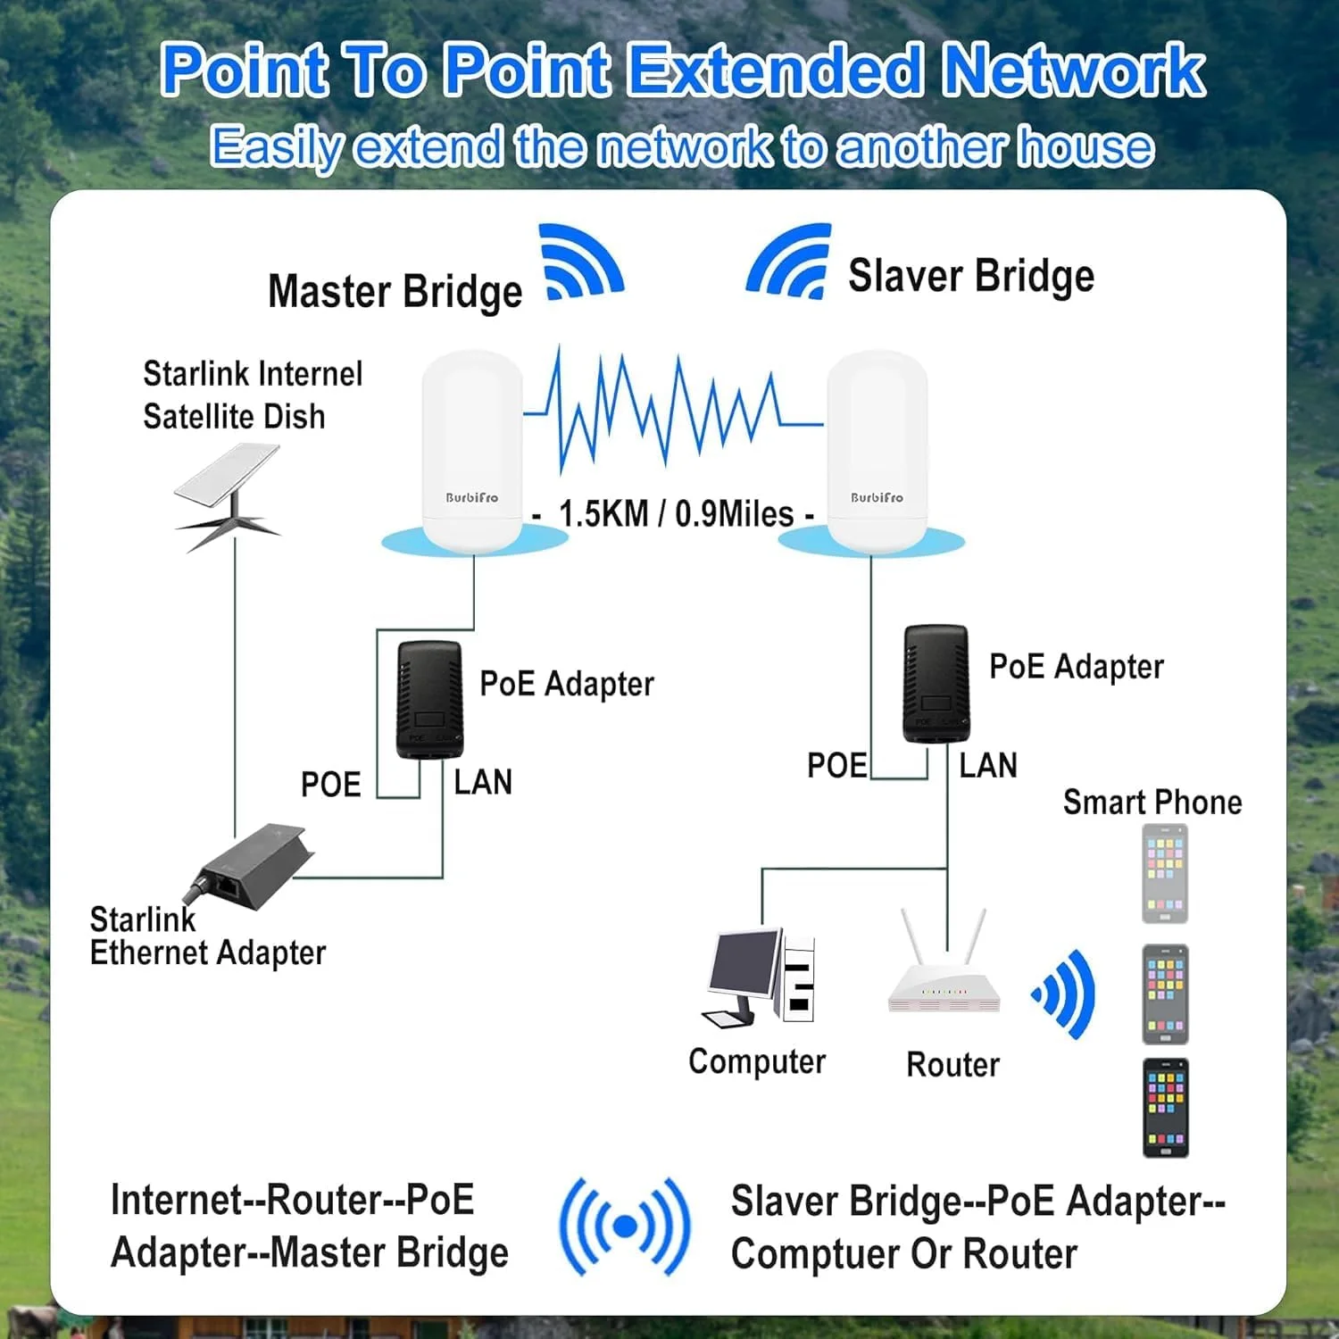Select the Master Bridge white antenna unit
coord(472,451)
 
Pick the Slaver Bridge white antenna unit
coord(877,451)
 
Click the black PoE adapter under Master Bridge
coord(429,700)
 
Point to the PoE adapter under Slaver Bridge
coord(936,684)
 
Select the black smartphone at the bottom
coord(1166,1107)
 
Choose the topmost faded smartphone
coord(1165,873)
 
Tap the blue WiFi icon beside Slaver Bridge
coord(790,261)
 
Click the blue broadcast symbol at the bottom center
coord(625,1227)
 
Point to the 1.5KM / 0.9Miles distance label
coord(675,514)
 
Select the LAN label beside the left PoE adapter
coord(483,783)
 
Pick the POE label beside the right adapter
coord(836,766)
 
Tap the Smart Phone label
coord(1152,803)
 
